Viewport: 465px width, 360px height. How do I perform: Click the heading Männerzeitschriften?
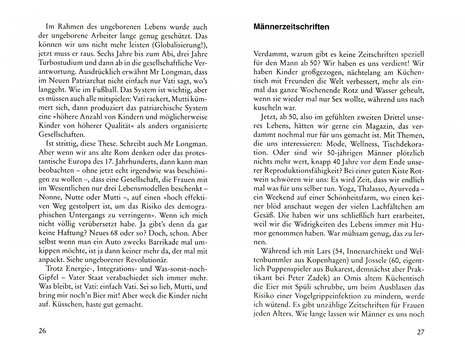291,27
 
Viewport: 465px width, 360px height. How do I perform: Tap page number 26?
42,331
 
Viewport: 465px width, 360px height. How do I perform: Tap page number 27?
420,332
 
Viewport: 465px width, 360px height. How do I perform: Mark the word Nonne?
50,197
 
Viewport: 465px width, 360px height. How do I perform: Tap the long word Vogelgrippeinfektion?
333,296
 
